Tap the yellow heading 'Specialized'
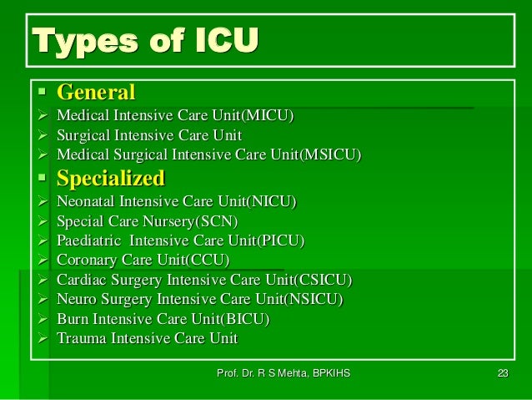tap(110, 179)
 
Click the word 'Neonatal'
tap(85, 202)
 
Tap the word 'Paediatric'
tap(88, 241)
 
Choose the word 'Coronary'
tap(85, 261)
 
